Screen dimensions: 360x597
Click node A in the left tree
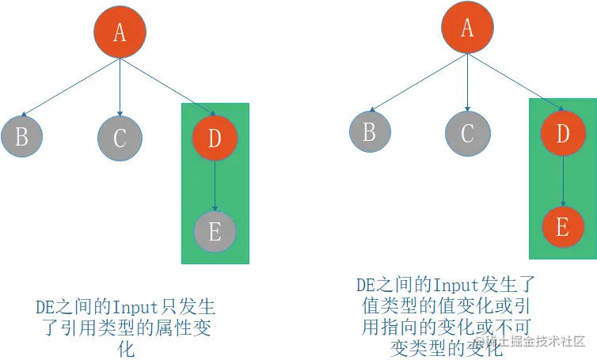tap(120, 32)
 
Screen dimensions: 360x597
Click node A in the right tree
tap(466, 28)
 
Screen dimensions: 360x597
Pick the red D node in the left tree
tap(215, 138)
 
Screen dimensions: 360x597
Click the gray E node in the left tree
tap(215, 231)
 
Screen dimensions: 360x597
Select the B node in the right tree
tap(369, 131)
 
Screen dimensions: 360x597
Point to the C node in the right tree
tap(466, 132)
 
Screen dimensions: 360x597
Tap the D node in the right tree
tap(563, 133)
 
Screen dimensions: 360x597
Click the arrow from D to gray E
tap(215, 185)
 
